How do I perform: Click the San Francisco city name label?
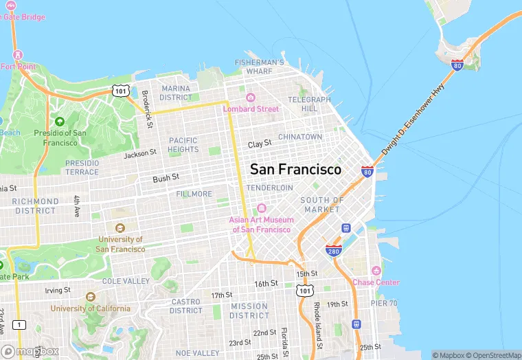coord(295,169)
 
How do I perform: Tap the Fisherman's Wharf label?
coord(259,67)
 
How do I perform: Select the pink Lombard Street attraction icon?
coord(251,98)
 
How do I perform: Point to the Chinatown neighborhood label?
coord(300,137)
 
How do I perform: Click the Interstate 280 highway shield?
coord(334,252)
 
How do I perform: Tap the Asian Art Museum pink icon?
coord(261,208)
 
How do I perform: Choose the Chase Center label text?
coord(376,282)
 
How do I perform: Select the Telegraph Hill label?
coord(309,104)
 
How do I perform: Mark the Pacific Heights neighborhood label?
coord(183,144)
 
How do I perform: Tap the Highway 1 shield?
coord(19,324)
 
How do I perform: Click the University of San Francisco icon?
coord(120,227)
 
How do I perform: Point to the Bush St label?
coord(166,177)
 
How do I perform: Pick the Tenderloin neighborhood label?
coord(269,188)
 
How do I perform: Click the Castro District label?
coord(186,306)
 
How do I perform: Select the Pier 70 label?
coord(384,303)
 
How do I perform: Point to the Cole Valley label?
coord(126,281)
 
